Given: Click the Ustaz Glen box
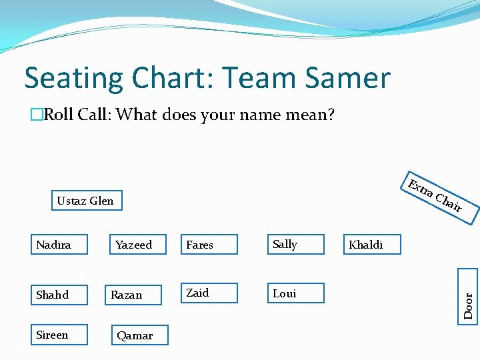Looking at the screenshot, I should [87, 201].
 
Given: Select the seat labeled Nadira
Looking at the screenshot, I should [60, 245].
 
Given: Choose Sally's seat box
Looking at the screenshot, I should [295, 245].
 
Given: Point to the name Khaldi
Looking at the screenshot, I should [366, 245].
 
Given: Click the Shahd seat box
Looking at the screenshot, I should [60, 294].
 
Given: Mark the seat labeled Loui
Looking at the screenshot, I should [295, 293].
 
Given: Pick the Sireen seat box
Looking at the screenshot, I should [60, 335].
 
